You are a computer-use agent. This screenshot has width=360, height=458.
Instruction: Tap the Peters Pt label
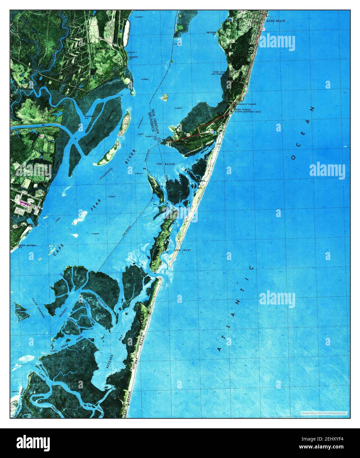point(211,34)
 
